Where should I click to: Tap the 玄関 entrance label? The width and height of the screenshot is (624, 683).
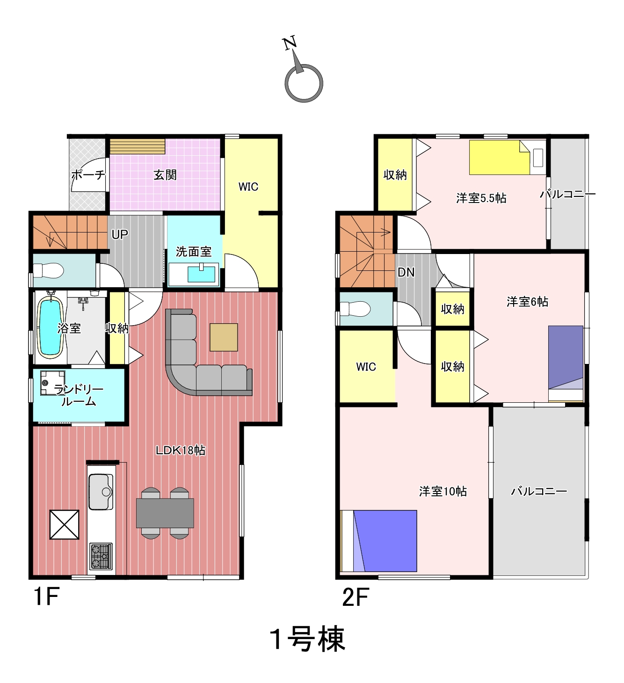point(165,175)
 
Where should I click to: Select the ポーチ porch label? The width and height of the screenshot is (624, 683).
point(88,174)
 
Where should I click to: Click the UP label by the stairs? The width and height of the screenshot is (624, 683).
point(120,234)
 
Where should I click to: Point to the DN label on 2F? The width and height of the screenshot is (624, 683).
point(406,272)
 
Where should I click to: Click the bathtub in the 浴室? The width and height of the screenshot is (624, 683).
point(51,327)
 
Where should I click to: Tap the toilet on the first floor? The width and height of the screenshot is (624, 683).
point(48,271)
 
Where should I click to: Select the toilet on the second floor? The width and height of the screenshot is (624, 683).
point(355,309)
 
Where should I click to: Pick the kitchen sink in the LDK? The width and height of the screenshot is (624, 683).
point(101,492)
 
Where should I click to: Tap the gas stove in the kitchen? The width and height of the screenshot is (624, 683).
point(101,556)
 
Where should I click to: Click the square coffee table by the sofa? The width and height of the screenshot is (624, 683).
point(224,337)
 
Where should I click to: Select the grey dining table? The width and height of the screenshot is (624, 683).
point(165,513)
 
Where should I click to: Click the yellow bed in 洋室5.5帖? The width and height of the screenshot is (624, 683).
point(499,157)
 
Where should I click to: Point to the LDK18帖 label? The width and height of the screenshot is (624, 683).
point(181,450)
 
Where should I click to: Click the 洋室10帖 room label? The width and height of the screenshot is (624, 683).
point(443,491)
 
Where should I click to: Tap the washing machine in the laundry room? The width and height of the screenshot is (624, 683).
point(52,383)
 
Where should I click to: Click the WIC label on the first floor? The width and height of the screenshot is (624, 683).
point(248,187)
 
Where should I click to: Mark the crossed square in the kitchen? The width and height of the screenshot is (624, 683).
point(65,525)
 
